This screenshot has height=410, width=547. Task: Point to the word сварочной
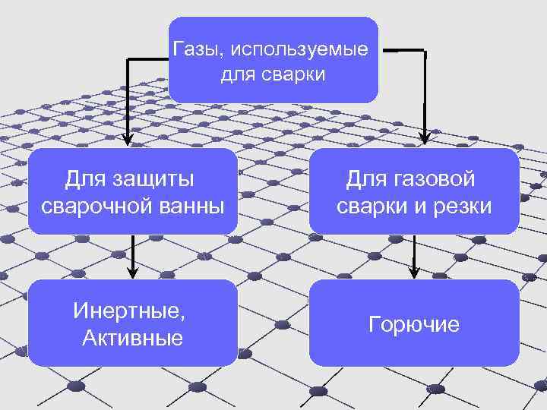[86, 206]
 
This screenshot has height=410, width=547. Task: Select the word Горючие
[414, 325]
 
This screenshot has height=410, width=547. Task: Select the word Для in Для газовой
[368, 179]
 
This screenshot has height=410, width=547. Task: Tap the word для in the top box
[237, 75]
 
